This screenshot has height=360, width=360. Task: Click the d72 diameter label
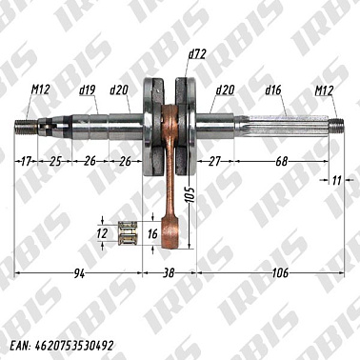(197, 53)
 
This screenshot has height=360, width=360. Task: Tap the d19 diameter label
(87, 90)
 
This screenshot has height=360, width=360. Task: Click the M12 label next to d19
(40, 90)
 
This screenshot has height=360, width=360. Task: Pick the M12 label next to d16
(326, 90)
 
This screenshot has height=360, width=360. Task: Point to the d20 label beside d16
(226, 90)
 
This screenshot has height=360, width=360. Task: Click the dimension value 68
(283, 161)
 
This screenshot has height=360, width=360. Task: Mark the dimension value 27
(214, 161)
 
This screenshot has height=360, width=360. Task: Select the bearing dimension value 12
(102, 231)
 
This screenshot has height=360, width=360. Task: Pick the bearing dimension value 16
(151, 232)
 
